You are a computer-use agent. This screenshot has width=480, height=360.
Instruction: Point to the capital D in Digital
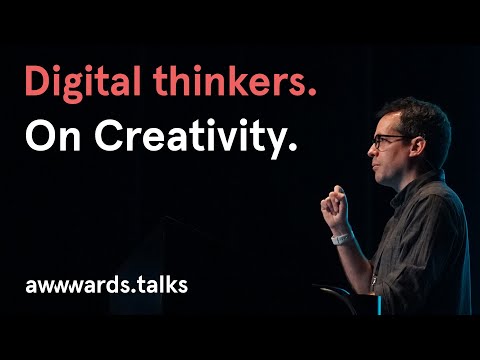(x=38, y=83)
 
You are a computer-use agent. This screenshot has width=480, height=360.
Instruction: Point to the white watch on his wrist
(x=341, y=239)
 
